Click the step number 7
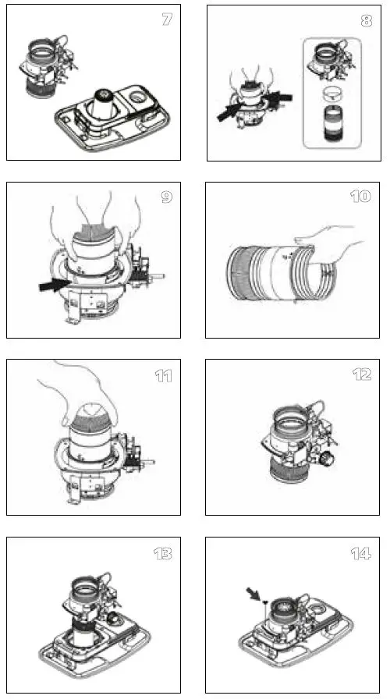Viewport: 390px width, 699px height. (167, 20)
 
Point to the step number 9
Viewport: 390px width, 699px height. (167, 197)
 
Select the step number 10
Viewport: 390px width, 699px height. (361, 197)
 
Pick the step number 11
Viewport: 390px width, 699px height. (164, 375)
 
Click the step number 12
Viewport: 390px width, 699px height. (362, 374)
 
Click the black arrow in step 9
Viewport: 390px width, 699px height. (54, 282)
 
